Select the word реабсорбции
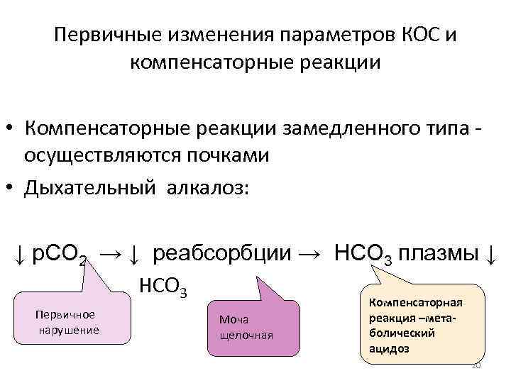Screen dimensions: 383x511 (221, 252)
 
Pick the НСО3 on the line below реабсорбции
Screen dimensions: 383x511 (163, 287)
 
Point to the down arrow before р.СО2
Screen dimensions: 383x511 (22, 253)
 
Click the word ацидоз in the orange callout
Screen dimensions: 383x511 (389, 349)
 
